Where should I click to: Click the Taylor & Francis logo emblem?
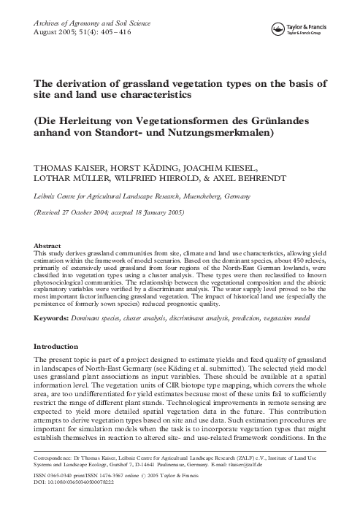click(x=278, y=29)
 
